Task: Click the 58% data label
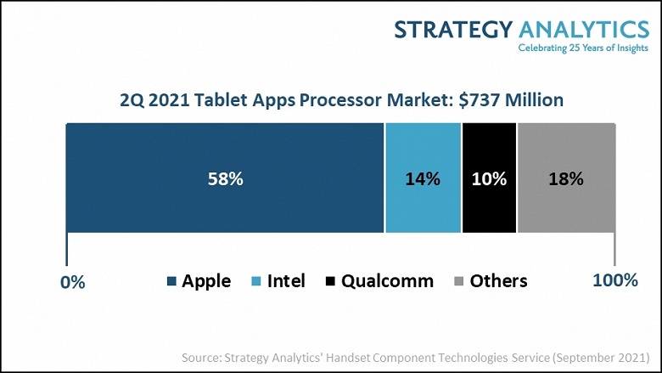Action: tap(226, 179)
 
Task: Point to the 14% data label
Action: tap(423, 179)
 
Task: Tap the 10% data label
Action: tap(489, 179)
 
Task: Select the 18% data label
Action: tap(566, 179)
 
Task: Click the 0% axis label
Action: tap(74, 282)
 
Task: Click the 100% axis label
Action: tap(614, 280)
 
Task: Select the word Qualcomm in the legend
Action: tap(387, 281)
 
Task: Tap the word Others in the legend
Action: tap(498, 281)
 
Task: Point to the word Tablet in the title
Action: tap(216, 100)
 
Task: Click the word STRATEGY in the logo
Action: tap(452, 30)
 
